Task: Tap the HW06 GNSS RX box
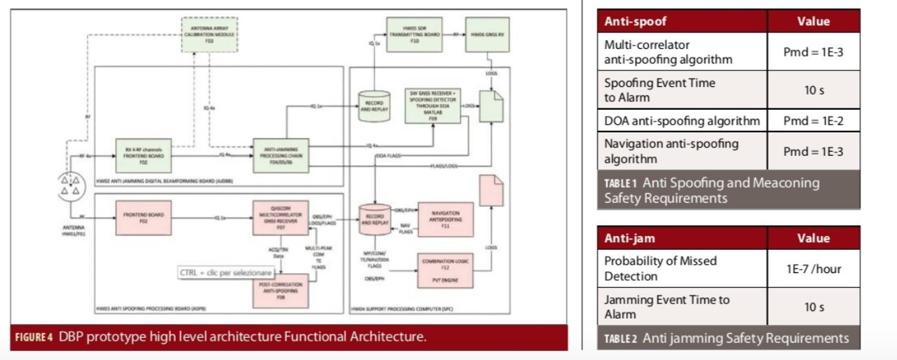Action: pyautogui.click(x=487, y=34)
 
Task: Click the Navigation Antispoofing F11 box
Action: pyautogui.click(x=444, y=219)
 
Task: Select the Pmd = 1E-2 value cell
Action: pyautogui.click(x=814, y=121)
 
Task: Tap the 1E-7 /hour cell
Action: pyautogui.click(x=814, y=269)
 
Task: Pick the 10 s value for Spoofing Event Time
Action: pyautogui.click(x=814, y=90)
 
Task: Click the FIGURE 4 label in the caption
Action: pyautogui.click(x=34, y=337)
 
